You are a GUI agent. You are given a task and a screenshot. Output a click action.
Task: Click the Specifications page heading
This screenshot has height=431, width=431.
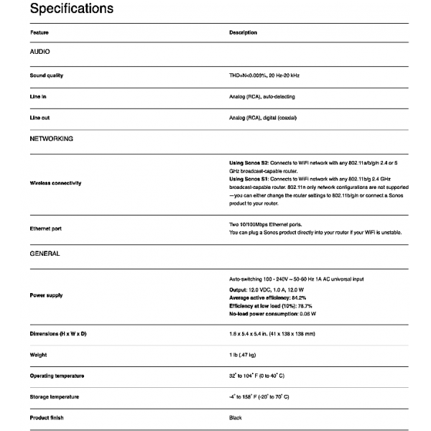(x=72, y=9)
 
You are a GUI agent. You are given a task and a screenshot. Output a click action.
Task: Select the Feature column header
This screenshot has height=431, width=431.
(x=40, y=32)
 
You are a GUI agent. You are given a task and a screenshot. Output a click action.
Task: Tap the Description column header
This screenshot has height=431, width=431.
(x=243, y=32)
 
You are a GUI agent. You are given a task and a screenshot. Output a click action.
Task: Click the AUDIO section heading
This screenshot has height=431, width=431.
(x=40, y=52)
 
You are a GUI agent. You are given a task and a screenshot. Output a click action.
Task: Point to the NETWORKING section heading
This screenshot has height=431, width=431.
(x=51, y=138)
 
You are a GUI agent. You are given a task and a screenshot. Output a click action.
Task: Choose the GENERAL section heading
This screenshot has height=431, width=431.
(x=45, y=254)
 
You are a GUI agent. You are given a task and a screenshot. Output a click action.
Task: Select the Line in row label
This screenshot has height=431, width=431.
(x=39, y=96)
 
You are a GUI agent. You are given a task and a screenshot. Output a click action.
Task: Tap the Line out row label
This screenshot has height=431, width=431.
(x=40, y=117)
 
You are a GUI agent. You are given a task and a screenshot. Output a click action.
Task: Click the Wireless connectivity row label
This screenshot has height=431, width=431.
(x=55, y=183)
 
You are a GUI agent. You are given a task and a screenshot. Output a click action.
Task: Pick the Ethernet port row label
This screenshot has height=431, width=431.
(x=47, y=228)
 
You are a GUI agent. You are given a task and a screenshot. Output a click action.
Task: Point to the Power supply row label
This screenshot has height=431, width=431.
(x=46, y=295)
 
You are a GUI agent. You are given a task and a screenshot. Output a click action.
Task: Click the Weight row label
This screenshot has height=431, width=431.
(x=38, y=355)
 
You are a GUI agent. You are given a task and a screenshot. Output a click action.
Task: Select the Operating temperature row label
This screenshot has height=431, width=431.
(x=57, y=376)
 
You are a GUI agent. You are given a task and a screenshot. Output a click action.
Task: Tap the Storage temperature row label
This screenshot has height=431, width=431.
(x=55, y=397)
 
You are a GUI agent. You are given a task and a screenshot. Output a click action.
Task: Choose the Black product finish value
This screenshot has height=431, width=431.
(x=236, y=417)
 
